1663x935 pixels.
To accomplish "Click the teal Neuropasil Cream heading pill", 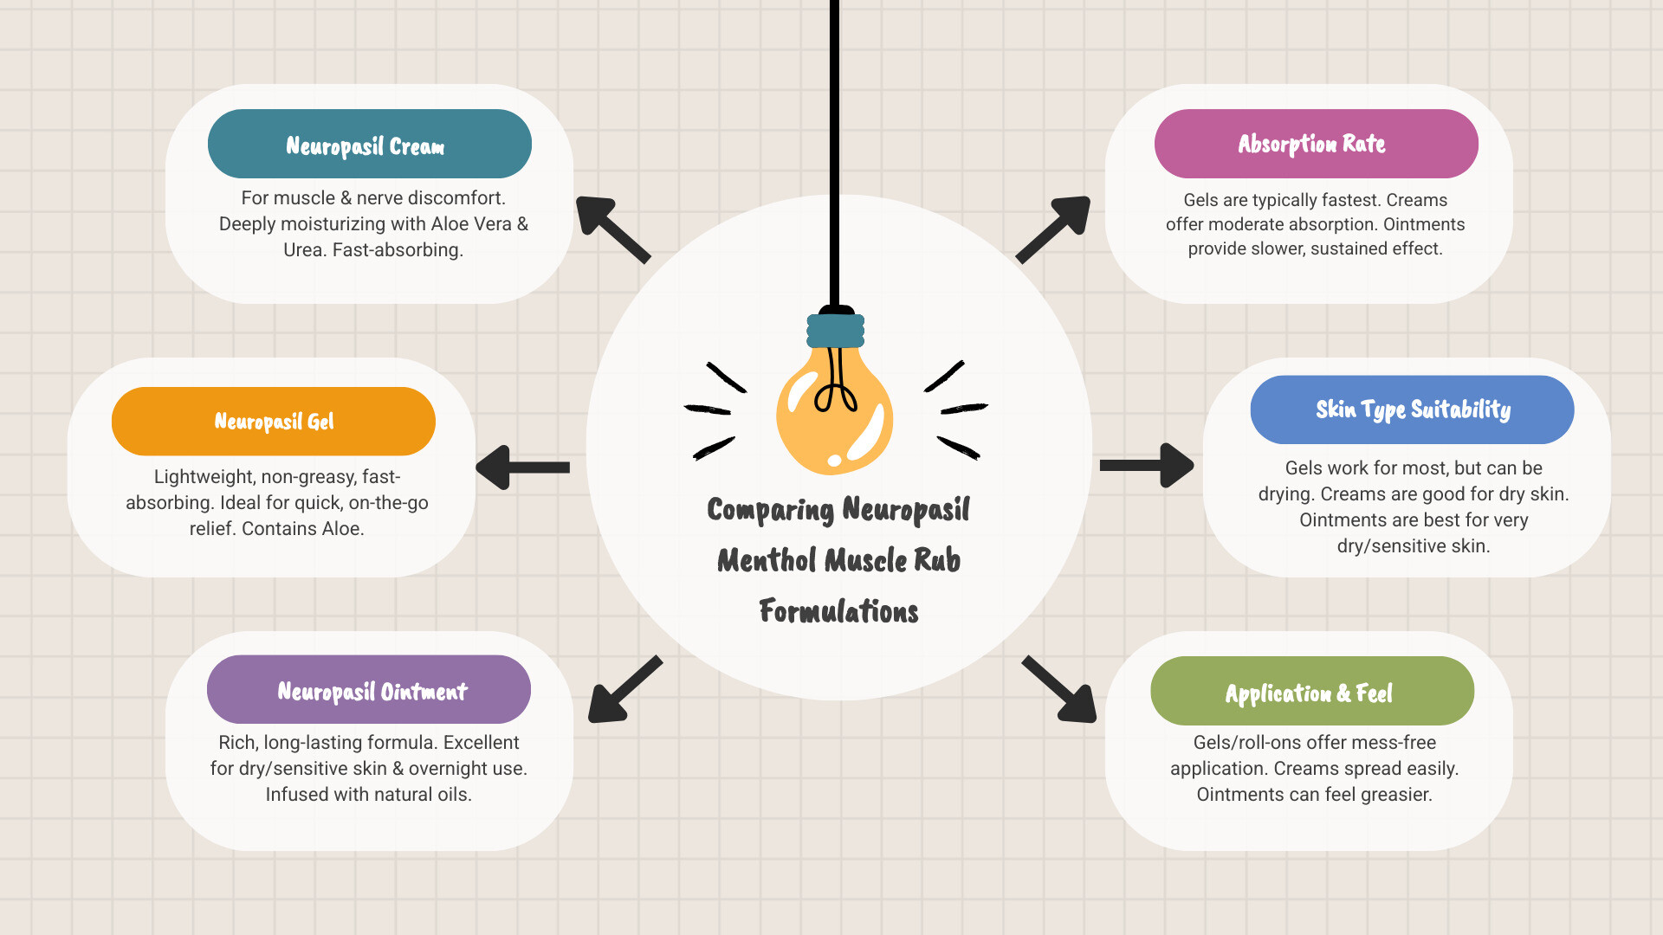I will (x=369, y=144).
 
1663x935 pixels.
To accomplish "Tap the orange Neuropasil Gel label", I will (x=273, y=422).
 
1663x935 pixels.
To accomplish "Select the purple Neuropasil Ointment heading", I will (x=369, y=690).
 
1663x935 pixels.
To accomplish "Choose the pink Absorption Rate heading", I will (x=1315, y=144).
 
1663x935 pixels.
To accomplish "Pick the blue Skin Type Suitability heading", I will (x=1412, y=409).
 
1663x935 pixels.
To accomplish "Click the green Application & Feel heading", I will (x=1311, y=692).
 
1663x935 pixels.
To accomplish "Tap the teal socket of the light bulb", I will (x=835, y=331).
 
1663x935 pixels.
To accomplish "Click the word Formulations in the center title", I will (x=838, y=611).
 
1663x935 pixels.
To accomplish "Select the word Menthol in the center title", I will (x=767, y=561).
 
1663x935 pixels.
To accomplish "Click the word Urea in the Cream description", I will (x=302, y=250).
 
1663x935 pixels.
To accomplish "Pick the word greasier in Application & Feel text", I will (x=1394, y=795).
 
